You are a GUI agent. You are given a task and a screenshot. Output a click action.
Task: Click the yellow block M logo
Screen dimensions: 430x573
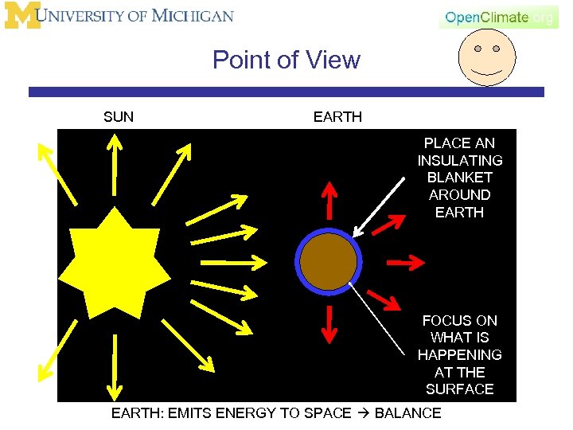pos(22,16)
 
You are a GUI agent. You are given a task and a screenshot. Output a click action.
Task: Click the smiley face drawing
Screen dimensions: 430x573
pos(487,57)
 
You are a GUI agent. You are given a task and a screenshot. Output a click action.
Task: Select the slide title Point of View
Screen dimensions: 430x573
pos(286,60)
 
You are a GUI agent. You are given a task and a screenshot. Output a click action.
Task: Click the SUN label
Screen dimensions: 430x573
pos(119,117)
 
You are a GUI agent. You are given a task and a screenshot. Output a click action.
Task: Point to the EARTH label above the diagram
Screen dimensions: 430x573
pos(337,117)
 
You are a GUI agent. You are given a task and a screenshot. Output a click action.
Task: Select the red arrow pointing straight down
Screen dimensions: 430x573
pos(328,326)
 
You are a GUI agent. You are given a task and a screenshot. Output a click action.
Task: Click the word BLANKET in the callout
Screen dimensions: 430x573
pos(459,178)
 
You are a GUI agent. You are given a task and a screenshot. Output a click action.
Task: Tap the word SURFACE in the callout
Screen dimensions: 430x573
pos(459,389)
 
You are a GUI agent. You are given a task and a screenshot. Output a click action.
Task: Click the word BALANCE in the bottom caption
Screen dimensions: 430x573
pos(407,412)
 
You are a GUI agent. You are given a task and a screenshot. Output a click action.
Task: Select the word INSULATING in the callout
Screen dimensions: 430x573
pos(459,160)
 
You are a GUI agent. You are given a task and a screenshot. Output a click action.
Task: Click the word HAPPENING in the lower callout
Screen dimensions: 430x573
pos(459,354)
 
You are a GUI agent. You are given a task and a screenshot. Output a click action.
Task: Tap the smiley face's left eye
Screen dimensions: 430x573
pos(477,49)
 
